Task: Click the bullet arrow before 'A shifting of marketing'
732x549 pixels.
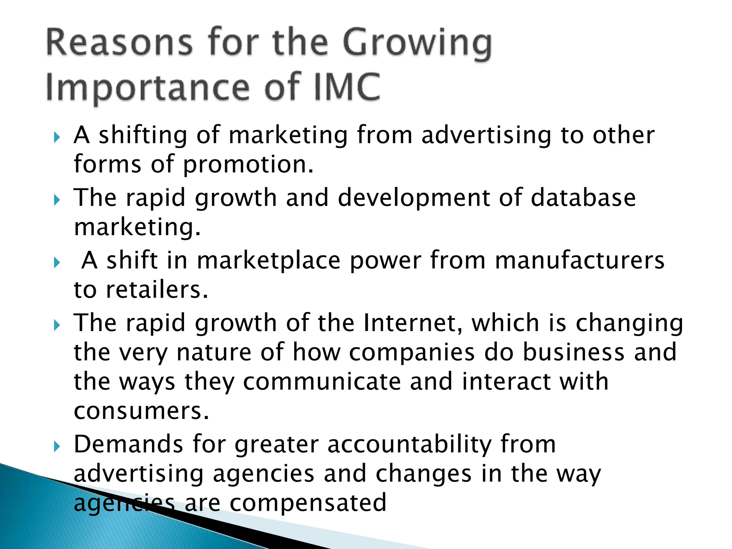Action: [x=56, y=137]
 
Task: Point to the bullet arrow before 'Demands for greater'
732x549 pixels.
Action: [x=56, y=446]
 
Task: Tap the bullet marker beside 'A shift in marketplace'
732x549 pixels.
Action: [x=56, y=263]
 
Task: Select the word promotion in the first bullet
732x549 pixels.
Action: [x=248, y=165]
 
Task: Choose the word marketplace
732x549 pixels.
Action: [x=268, y=261]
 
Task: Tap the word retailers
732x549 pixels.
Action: [x=157, y=290]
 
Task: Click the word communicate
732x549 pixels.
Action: [x=322, y=381]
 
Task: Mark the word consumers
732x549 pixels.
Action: [x=141, y=411]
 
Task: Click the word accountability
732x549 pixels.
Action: [x=410, y=445]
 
